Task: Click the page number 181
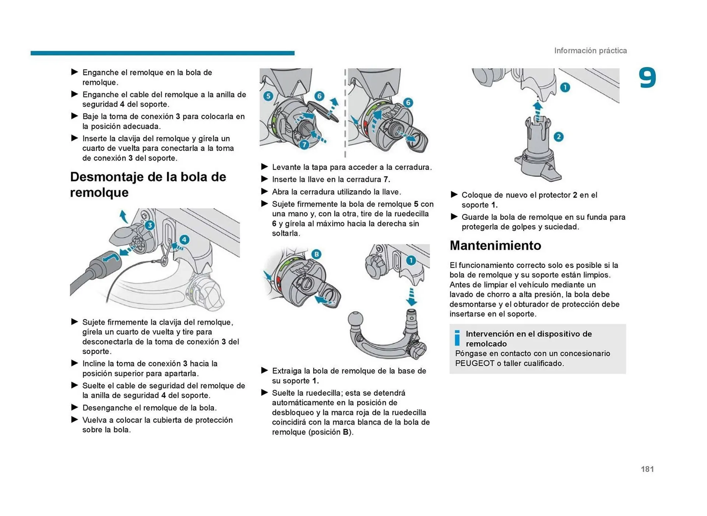tap(647, 469)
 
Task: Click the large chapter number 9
tap(647, 78)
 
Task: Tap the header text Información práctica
tap(590, 50)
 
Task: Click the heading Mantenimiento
tap(495, 245)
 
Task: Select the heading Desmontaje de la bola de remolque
tap(148, 184)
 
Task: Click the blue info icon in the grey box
tap(457, 337)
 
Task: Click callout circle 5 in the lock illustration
tap(268, 96)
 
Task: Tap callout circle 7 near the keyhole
tap(304, 145)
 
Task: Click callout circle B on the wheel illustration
tap(316, 254)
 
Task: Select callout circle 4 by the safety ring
tap(184, 240)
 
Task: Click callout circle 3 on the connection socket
tap(150, 225)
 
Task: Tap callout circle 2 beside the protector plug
tap(558, 137)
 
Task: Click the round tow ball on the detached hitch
tap(355, 319)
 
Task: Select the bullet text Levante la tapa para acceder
tap(351, 167)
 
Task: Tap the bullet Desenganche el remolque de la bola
tap(149, 407)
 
